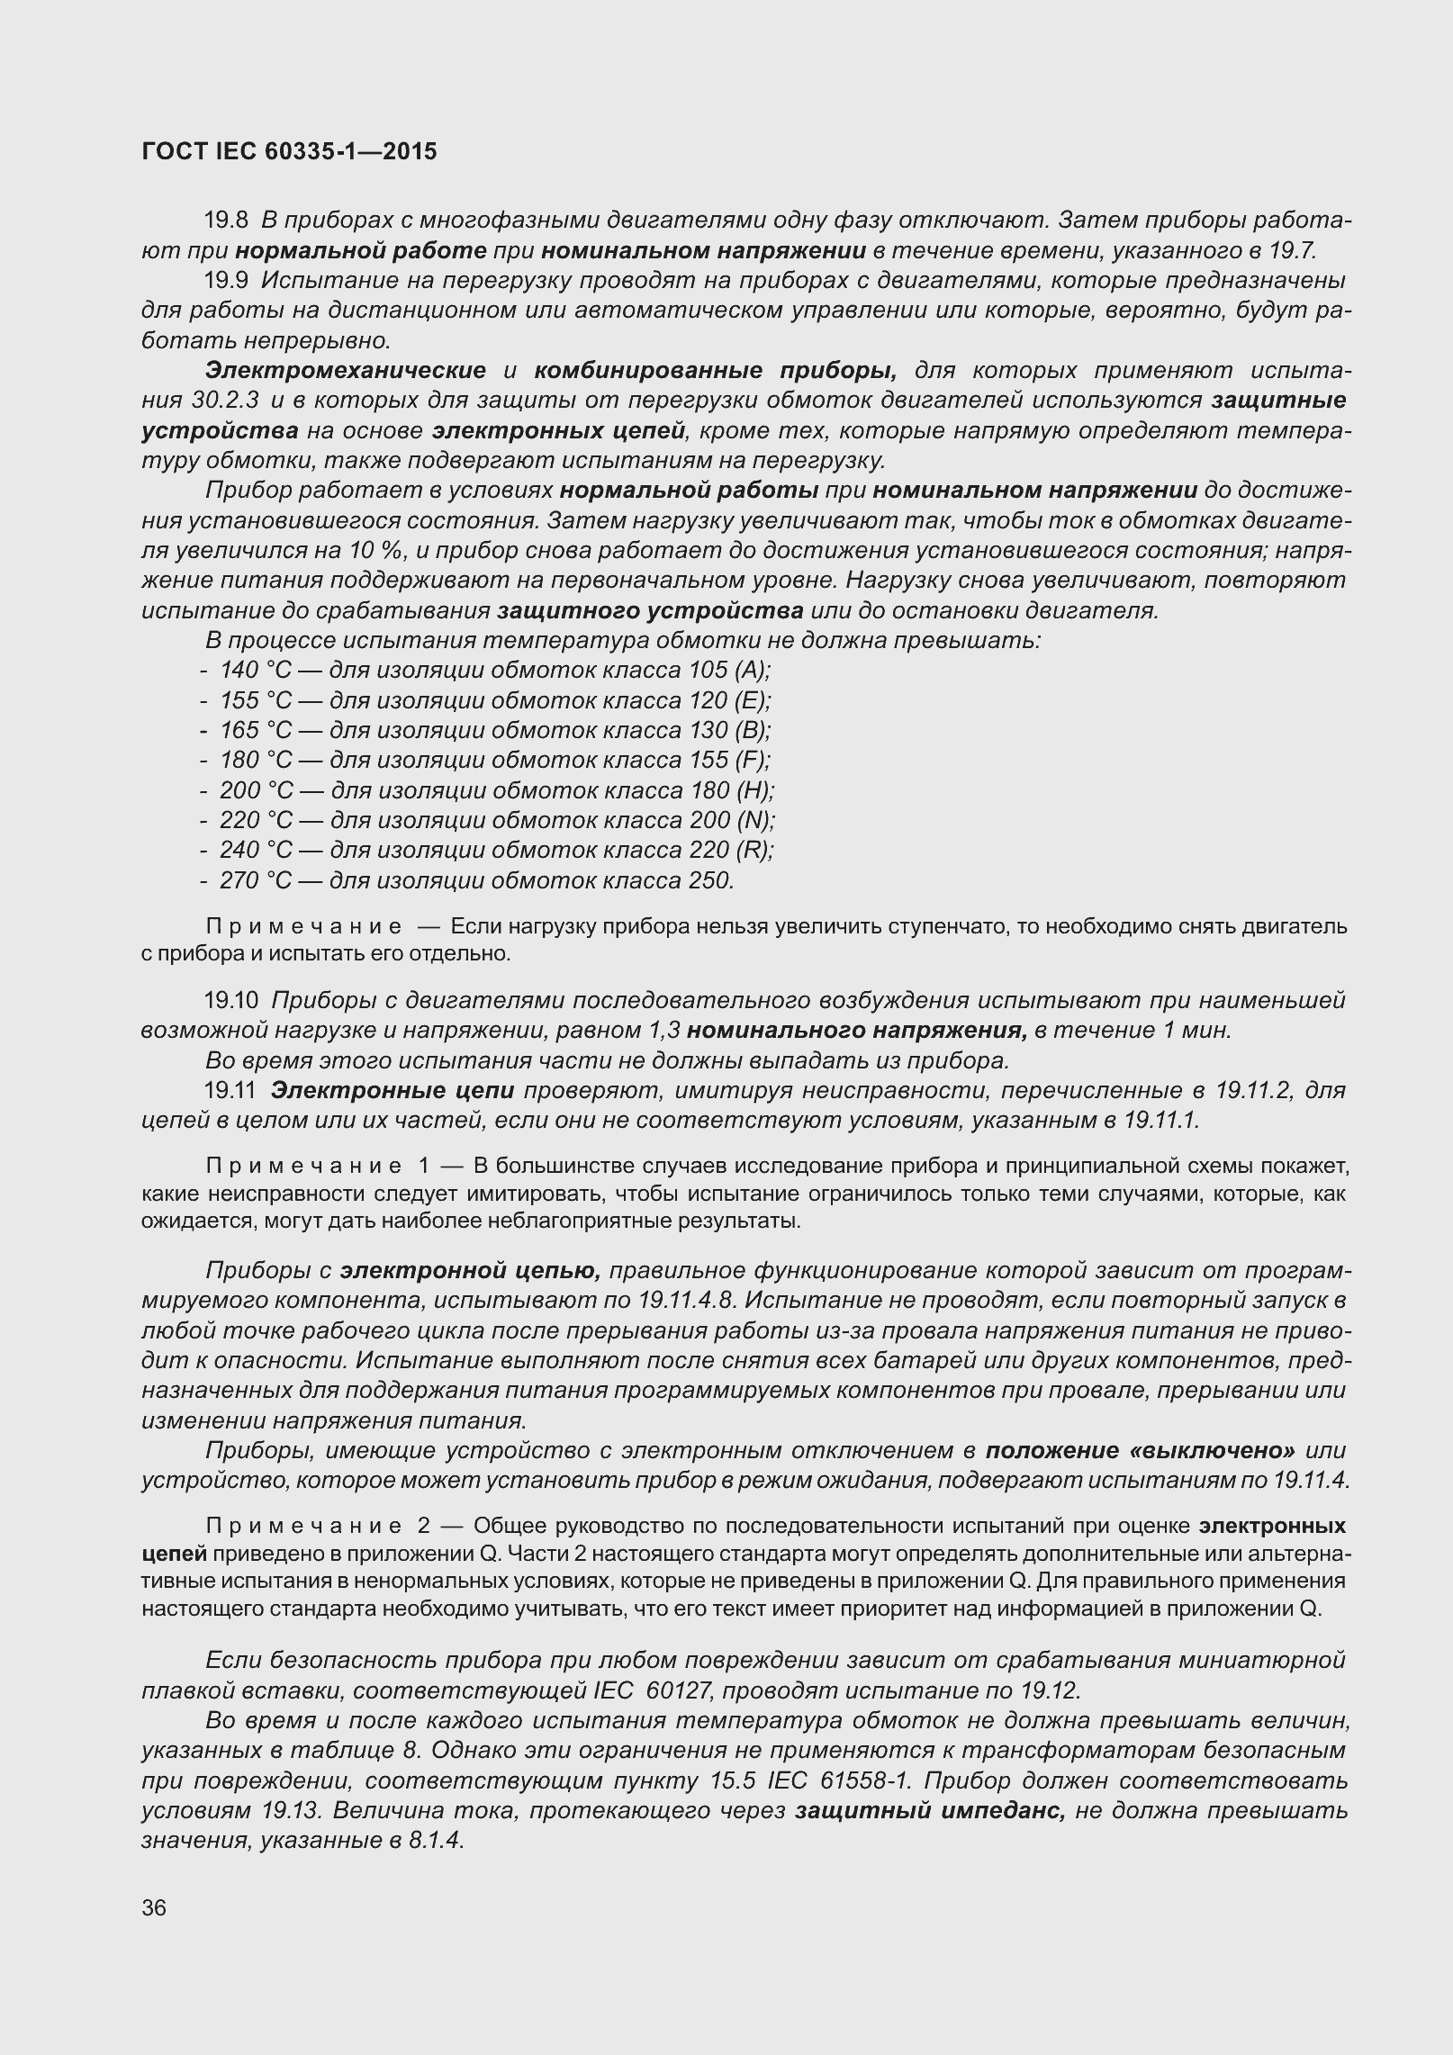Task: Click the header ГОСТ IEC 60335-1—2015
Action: tap(289, 151)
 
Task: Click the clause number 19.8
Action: tap(226, 220)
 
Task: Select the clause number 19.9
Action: tap(226, 280)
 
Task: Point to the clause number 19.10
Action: tap(231, 1000)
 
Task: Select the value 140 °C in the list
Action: tap(256, 670)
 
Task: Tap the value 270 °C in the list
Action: tap(256, 879)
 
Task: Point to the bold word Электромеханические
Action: tap(346, 370)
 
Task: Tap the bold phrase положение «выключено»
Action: tap(1140, 1451)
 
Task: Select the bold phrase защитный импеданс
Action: tap(930, 1810)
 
